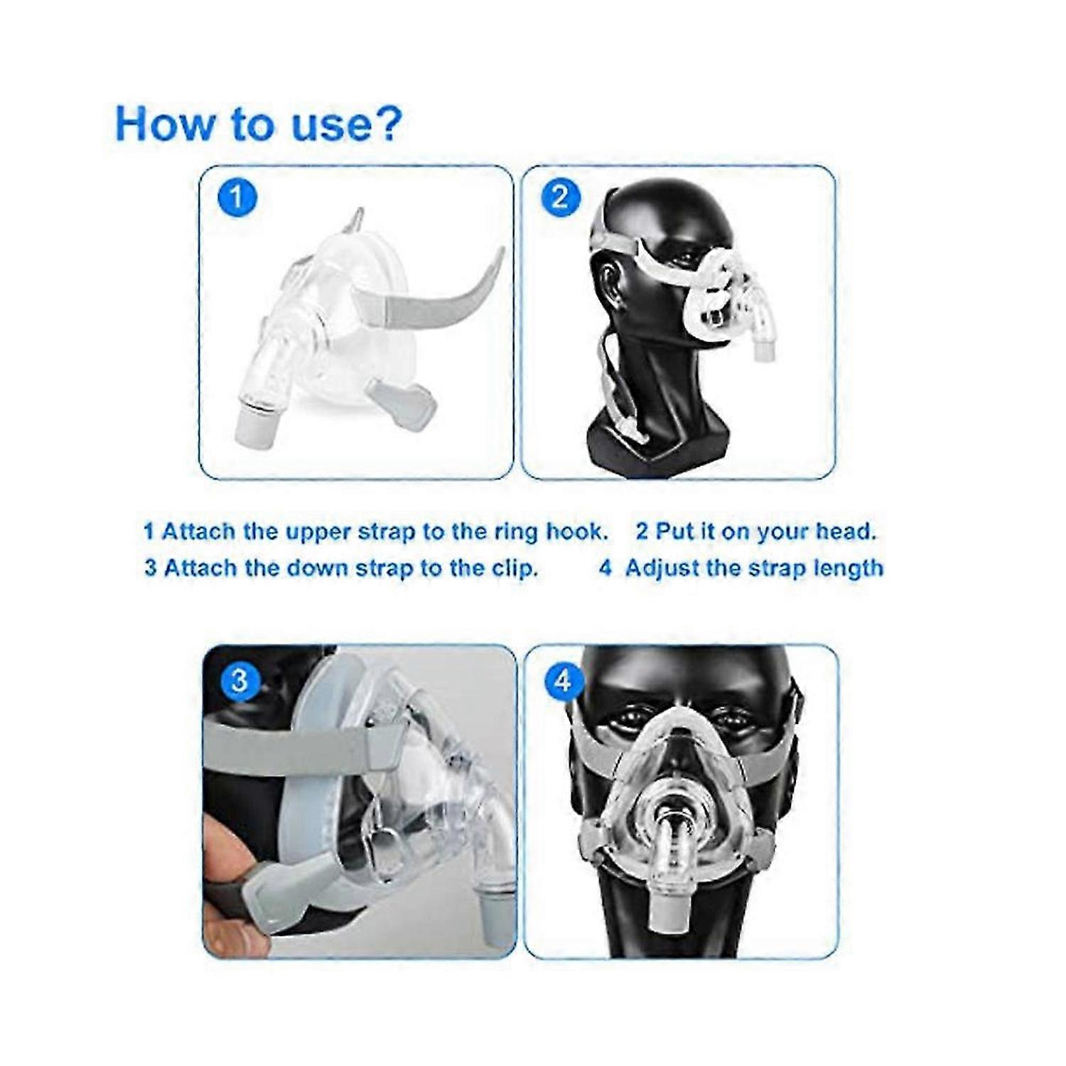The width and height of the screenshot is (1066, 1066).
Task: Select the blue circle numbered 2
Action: (x=561, y=196)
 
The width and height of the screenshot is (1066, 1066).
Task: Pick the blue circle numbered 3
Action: (x=239, y=680)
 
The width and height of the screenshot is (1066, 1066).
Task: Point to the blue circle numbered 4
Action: (x=563, y=682)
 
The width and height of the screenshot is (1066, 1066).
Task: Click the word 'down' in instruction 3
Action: (x=279, y=568)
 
